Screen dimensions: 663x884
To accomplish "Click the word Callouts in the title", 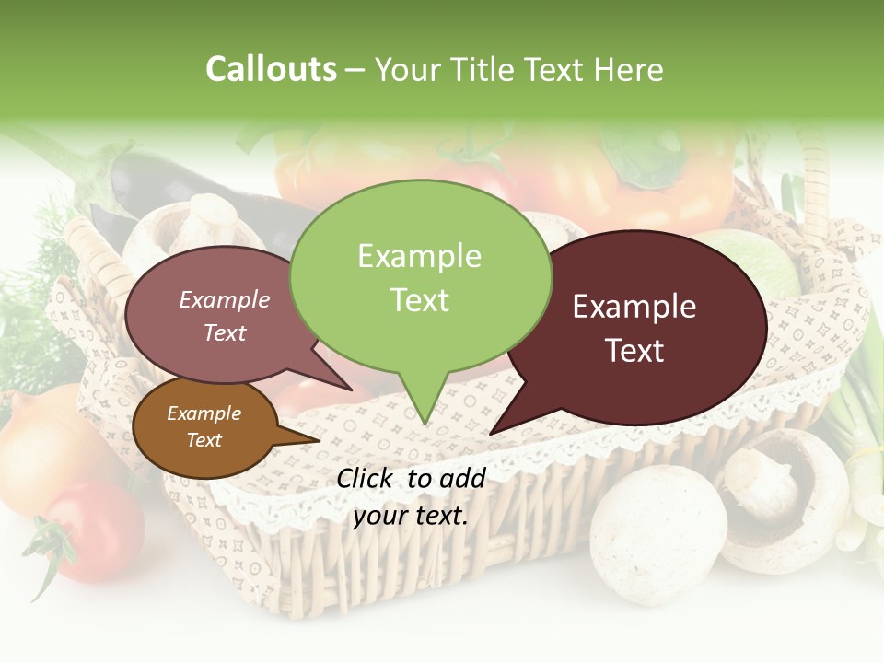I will click(271, 69).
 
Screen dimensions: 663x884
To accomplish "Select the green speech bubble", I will click(420, 276).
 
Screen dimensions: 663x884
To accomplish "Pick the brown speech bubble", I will click(204, 427).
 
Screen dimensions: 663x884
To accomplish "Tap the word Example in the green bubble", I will click(420, 256).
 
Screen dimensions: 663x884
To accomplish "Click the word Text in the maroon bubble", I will click(635, 351).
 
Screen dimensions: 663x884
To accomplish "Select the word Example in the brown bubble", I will click(204, 413).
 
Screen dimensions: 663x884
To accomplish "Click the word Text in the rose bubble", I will click(225, 333).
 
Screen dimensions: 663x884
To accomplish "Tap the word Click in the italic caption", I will click(366, 478).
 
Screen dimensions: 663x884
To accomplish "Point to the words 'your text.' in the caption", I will click(411, 515).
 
